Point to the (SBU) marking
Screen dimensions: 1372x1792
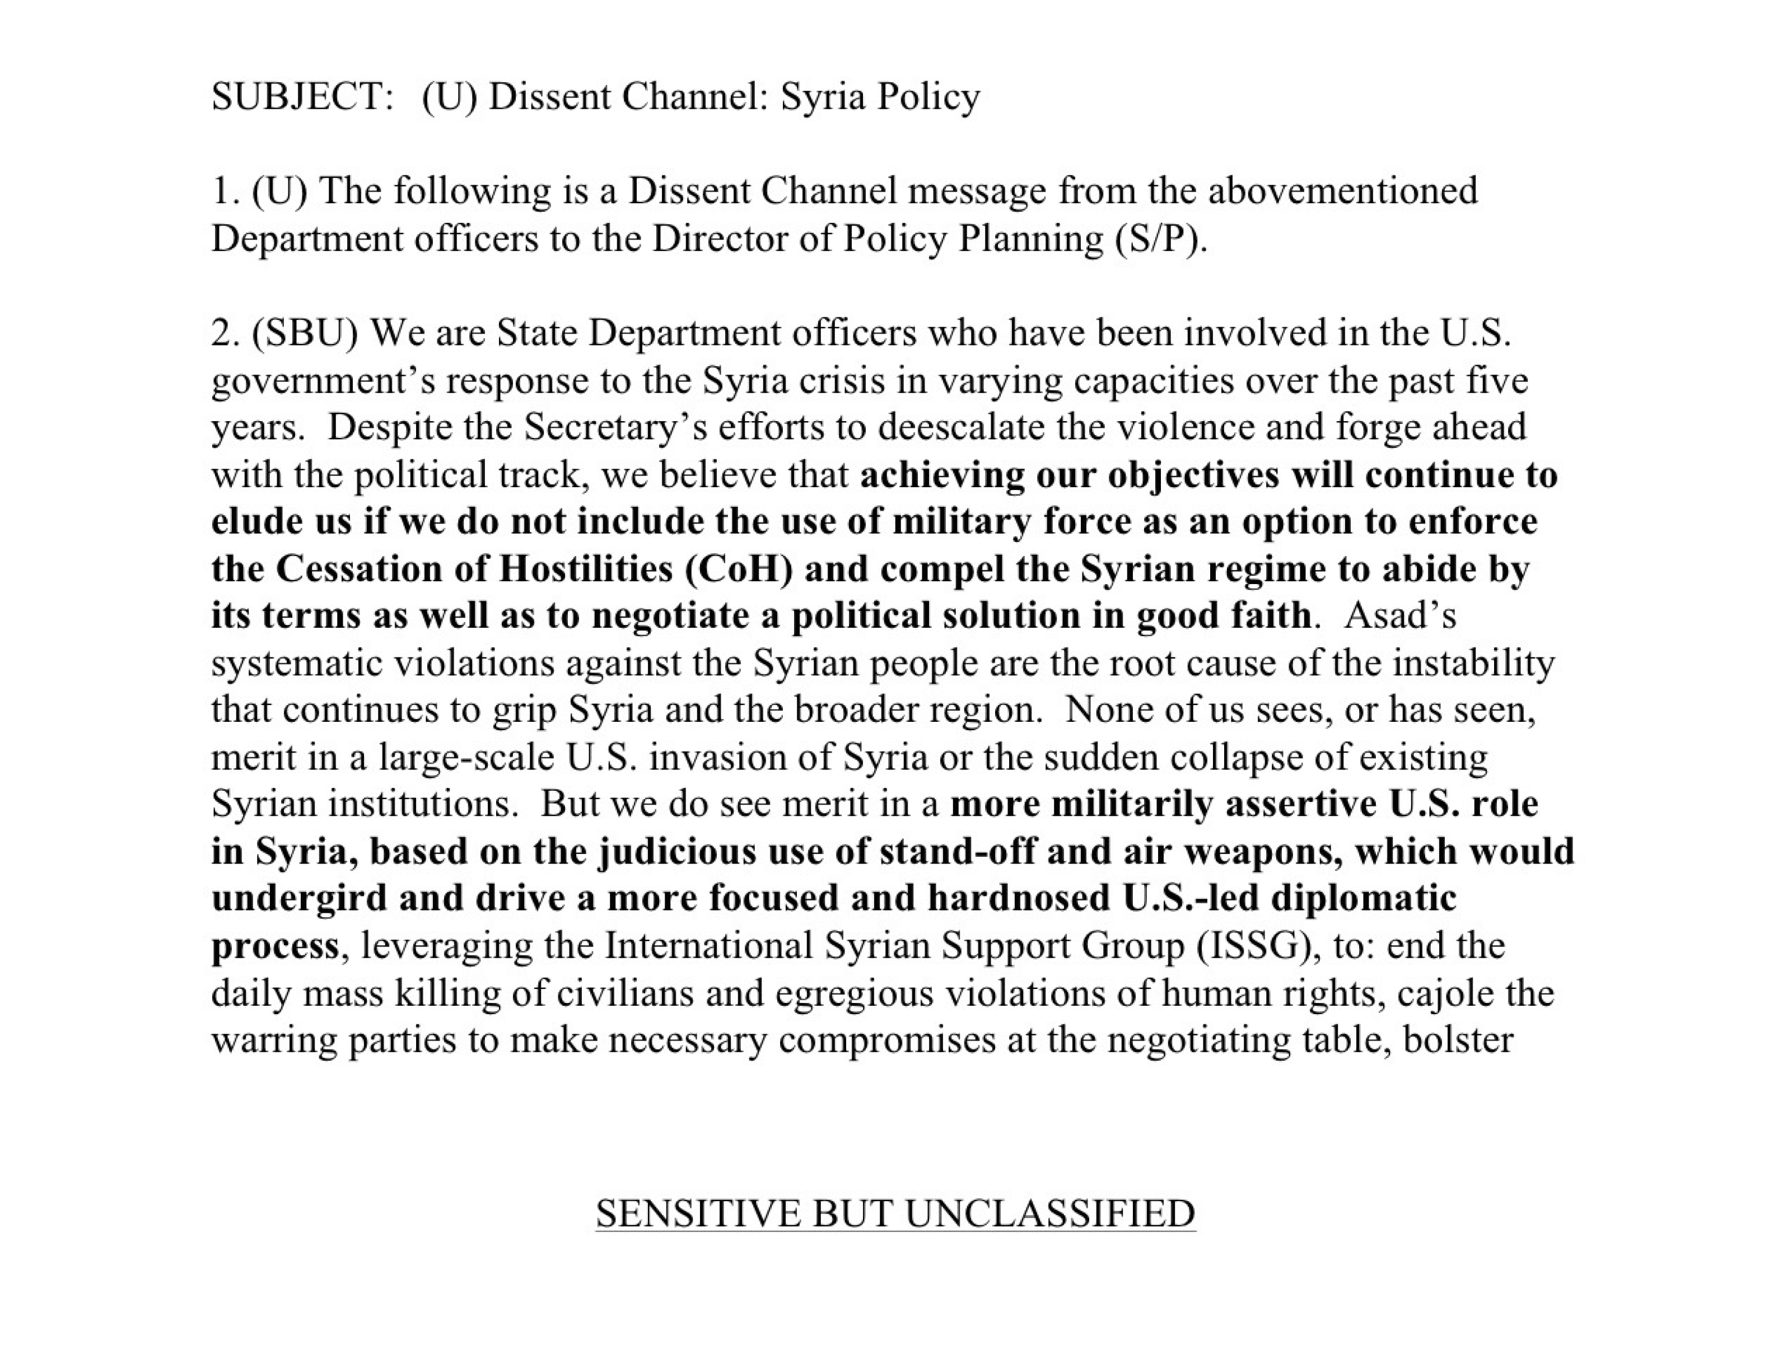pos(305,333)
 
